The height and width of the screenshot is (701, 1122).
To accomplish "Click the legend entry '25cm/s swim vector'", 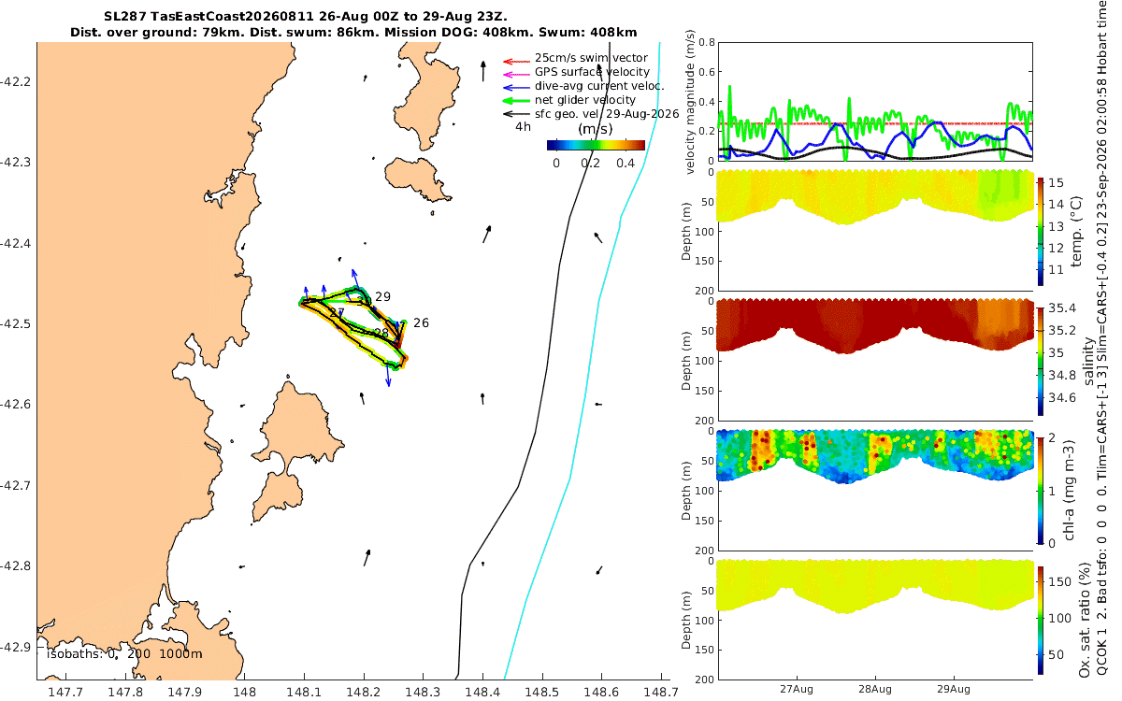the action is pos(591,58).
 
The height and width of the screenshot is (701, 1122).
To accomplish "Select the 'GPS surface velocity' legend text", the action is pos(592,72).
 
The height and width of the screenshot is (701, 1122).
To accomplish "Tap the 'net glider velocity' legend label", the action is pos(585,100).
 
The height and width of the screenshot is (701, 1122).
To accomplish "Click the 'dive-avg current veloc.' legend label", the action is pos(599,86).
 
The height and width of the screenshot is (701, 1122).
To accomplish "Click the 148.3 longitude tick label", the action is pos(423,692).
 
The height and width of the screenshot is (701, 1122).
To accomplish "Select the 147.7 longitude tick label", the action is pos(65,692).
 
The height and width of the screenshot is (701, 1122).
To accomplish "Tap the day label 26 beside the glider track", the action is pos(422,323).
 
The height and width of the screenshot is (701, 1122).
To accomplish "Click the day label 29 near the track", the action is pos(382,297).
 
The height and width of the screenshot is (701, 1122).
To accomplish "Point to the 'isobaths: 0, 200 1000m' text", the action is pos(124,654).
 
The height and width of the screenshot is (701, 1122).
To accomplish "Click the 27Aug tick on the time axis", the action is pos(797,689).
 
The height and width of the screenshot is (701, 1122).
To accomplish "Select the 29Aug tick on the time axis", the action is pos(954,689).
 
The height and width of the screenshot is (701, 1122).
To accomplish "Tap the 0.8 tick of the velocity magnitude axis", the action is pos(707,43).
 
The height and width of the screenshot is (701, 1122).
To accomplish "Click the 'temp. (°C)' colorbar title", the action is pos(1076,232).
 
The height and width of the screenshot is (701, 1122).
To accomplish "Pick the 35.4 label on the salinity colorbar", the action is pos(1062,308).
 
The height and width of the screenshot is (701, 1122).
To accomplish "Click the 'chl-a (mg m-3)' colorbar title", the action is pos(1069,491).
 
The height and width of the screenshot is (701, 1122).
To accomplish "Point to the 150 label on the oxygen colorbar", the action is pos(1060,581).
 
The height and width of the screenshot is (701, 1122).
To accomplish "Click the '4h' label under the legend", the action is pos(523,127).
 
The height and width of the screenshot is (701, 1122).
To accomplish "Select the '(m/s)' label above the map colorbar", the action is pos(595,129).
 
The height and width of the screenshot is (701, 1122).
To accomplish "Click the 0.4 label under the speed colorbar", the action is pos(626,164).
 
